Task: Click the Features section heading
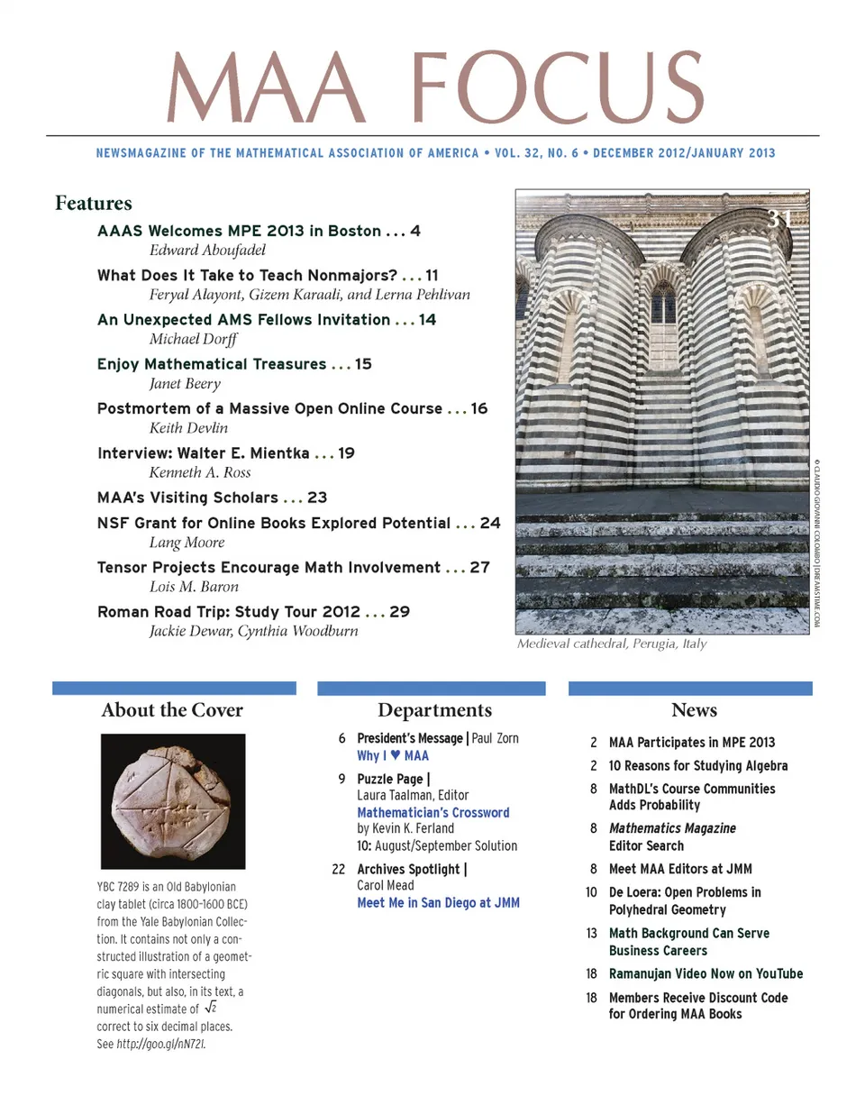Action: click(x=93, y=204)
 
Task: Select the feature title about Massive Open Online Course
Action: click(x=269, y=408)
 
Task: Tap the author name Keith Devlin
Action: click(x=188, y=428)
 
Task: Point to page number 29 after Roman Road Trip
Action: click(x=399, y=612)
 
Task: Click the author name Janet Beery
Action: click(x=185, y=384)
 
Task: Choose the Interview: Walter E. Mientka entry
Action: click(x=203, y=453)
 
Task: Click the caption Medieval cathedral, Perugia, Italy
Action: click(x=612, y=644)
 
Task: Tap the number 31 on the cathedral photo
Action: click(x=779, y=218)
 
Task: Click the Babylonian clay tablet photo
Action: click(x=172, y=801)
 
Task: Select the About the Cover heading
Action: click(x=172, y=710)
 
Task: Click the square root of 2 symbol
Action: click(x=211, y=1008)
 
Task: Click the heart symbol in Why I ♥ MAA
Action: click(x=395, y=755)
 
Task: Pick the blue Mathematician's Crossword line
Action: click(x=432, y=812)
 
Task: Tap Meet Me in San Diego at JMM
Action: click(x=438, y=902)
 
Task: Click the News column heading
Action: click(x=694, y=710)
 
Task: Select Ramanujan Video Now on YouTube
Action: click(x=706, y=973)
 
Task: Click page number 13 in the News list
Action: click(x=591, y=933)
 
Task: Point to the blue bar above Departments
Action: click(x=432, y=689)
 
